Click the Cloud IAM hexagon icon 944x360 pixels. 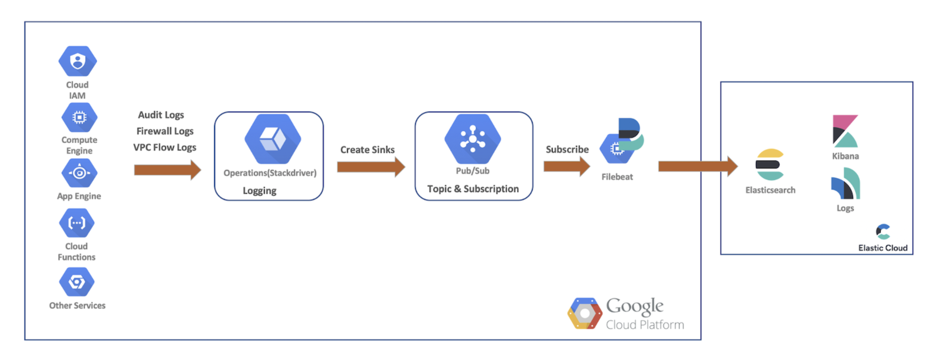(77, 61)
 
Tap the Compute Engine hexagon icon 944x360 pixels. (79, 117)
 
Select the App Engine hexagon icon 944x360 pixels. (79, 173)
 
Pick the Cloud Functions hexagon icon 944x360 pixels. (77, 223)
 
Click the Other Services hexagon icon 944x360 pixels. (77, 282)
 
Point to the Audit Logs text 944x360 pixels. (161, 115)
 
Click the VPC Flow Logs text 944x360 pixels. (165, 147)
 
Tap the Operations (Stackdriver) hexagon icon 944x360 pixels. (273, 139)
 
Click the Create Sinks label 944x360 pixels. (367, 150)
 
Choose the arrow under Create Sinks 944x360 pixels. (371, 167)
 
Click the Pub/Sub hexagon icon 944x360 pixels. (472, 139)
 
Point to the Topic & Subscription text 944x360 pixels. (473, 189)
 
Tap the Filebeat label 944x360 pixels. (617, 177)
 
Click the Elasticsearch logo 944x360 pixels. (770, 164)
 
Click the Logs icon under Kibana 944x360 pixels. (846, 184)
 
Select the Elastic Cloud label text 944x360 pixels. (883, 248)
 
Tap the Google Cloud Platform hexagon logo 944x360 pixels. (585, 313)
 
